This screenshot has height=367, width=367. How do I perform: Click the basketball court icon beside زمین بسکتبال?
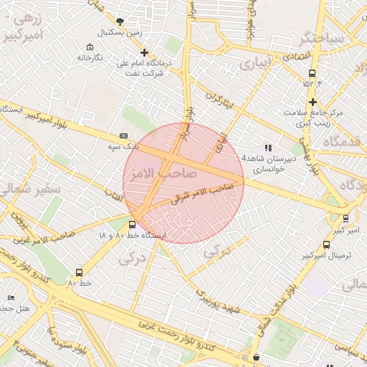coord(119,22)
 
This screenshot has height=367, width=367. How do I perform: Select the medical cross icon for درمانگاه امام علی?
coord(144,52)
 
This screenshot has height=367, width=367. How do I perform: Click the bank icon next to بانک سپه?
coord(123,135)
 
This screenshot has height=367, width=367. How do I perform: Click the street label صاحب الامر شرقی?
coord(203,192)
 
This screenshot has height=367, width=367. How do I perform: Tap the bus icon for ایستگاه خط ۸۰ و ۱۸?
coord(131,225)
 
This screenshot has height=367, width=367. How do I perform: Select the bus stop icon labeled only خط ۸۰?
coord(79,272)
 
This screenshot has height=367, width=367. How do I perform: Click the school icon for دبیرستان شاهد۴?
coord(268,148)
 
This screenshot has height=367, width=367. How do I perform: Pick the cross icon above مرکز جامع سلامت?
coord(313,102)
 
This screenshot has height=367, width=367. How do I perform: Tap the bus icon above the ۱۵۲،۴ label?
coord(312,73)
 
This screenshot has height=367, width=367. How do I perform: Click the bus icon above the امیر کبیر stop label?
coord(346,219)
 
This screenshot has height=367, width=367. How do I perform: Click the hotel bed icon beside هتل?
coord(10,297)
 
